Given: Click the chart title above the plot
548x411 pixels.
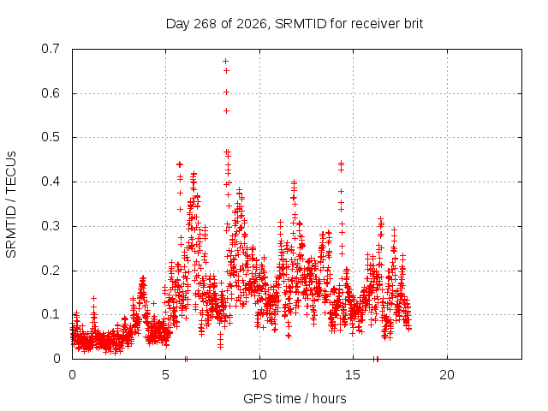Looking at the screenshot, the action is tap(295, 24).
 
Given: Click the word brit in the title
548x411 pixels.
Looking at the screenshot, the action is tap(414, 24).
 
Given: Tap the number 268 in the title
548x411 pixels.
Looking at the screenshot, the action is tap(205, 24).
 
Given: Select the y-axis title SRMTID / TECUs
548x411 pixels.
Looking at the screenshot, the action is tap(11, 205).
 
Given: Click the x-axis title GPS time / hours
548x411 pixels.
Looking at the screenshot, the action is tap(295, 398).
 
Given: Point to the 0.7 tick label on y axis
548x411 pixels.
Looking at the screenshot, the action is tap(51, 49).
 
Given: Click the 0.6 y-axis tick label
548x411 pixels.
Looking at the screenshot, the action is tap(51, 93).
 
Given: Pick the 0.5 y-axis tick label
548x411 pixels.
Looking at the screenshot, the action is tap(51, 137).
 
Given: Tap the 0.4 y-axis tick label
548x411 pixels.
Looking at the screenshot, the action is tap(51, 182).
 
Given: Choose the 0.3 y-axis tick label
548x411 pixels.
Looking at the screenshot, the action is tap(51, 226).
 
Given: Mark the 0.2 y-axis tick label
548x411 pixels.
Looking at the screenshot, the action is tap(51, 271).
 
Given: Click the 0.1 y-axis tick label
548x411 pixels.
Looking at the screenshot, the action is tap(51, 314).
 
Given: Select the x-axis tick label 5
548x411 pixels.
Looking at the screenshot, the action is tap(165, 375).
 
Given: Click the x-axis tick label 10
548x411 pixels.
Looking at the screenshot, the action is tap(259, 375).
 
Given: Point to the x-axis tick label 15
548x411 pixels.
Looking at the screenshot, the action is tap(353, 375).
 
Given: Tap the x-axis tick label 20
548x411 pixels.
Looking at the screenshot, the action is tap(447, 375).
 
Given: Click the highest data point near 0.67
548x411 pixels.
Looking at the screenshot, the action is tap(226, 61).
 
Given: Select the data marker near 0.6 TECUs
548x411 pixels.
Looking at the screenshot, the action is tap(226, 92).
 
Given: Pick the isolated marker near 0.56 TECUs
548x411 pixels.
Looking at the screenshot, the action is tap(226, 110).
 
